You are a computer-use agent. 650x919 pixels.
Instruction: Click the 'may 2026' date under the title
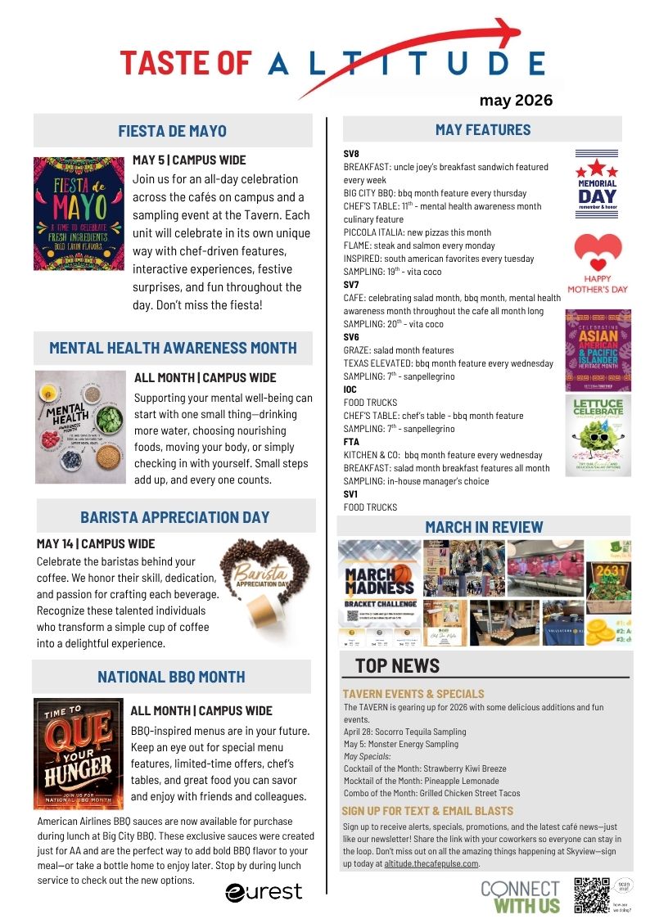click(516, 101)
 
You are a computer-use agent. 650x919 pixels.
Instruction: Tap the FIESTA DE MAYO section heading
click(172, 131)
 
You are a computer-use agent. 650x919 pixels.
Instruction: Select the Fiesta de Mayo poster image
click(78, 214)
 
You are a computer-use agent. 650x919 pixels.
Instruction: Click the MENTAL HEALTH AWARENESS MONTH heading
click(173, 348)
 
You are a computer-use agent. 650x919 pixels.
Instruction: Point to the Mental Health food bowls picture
click(79, 426)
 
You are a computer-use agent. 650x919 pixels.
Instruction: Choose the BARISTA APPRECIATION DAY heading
click(174, 517)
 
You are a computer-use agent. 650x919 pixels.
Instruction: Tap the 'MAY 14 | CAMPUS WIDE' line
click(96, 543)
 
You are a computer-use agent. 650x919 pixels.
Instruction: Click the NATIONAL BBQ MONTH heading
click(171, 677)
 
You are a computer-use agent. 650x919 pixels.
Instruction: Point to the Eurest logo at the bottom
click(264, 890)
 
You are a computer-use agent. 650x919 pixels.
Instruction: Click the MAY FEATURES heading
click(482, 129)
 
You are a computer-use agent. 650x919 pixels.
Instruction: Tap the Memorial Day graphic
click(597, 182)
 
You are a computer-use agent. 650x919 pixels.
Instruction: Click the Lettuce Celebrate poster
click(598, 435)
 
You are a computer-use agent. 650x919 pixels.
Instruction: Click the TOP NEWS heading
click(397, 665)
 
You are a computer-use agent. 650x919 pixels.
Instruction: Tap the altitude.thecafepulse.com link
click(433, 863)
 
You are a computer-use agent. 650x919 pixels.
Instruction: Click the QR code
click(591, 894)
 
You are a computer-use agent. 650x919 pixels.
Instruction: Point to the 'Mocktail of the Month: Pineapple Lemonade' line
click(425, 781)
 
